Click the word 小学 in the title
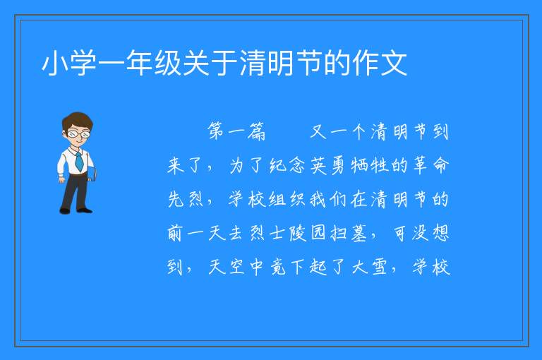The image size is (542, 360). pyautogui.click(x=68, y=63)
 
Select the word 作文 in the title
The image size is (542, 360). pyautogui.click(x=380, y=63)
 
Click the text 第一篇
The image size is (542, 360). pyautogui.click(x=236, y=131)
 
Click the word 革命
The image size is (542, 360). pyautogui.click(x=430, y=165)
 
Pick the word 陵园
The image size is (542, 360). pyautogui.click(x=308, y=233)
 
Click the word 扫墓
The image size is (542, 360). pyautogui.click(x=349, y=233)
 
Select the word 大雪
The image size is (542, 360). pyautogui.click(x=370, y=267)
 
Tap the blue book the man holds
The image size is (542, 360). pyautogui.click(x=92, y=173)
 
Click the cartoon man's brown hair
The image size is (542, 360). pyautogui.click(x=77, y=120)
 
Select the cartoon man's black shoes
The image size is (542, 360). pyautogui.click(x=76, y=210)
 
